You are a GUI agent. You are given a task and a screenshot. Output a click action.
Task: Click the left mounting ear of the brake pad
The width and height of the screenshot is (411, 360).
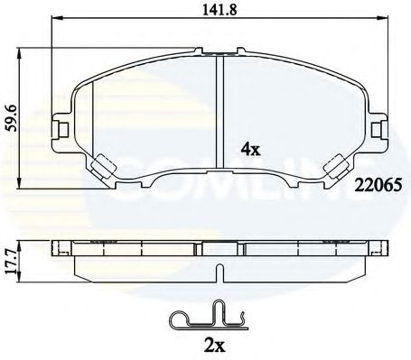click(61, 128)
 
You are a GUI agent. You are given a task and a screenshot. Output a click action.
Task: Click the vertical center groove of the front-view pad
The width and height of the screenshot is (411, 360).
click(220, 113)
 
